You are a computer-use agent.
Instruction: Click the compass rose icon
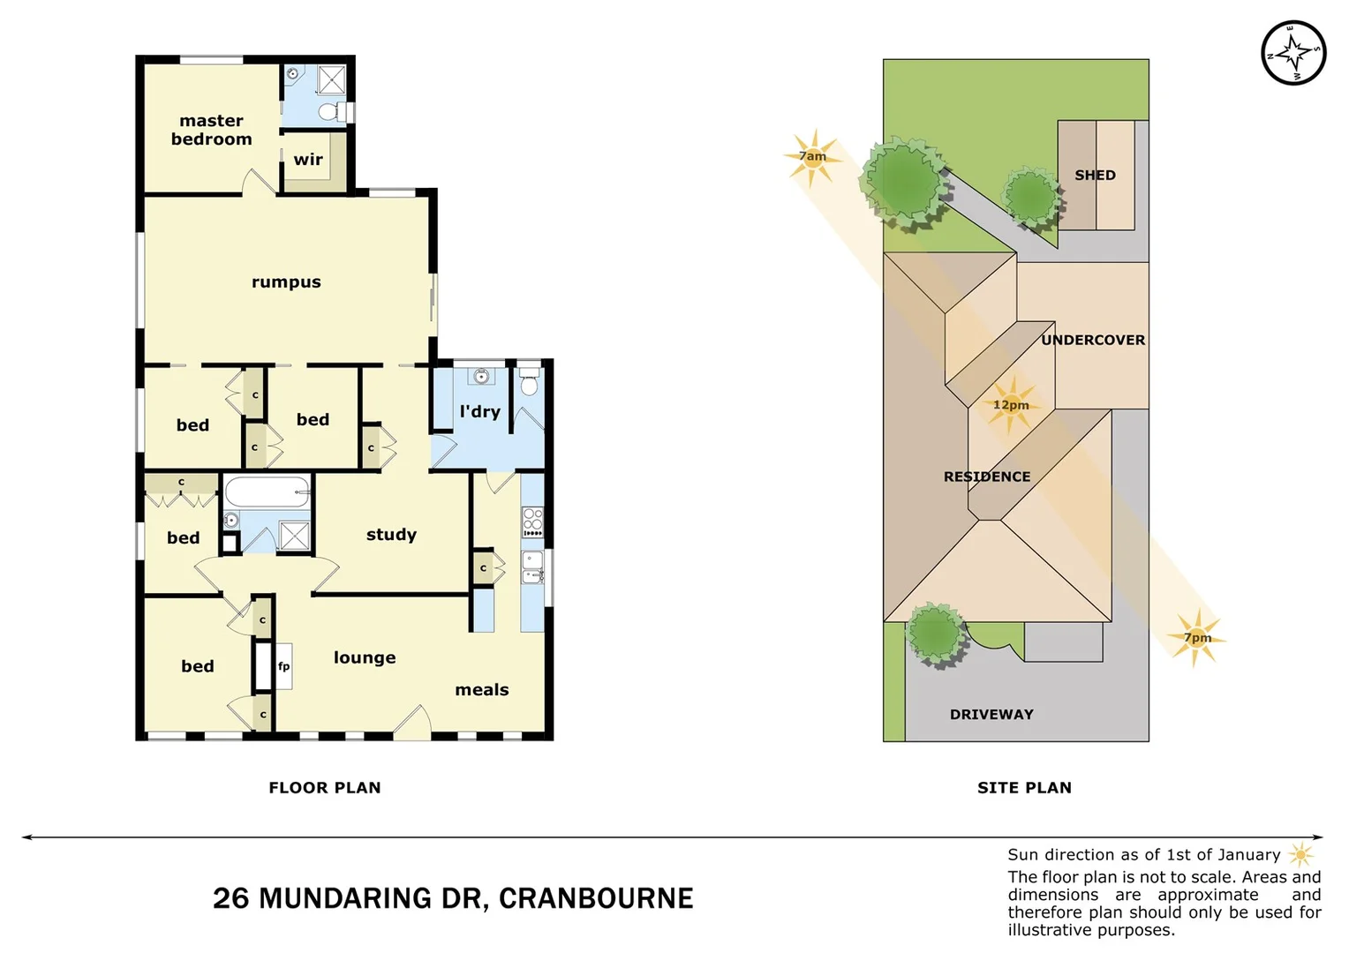point(1293,53)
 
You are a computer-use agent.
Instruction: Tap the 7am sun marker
point(812,157)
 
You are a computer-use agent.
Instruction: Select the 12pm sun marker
point(1011,405)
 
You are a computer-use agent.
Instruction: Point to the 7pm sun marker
point(1197,637)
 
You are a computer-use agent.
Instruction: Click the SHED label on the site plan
point(1095,175)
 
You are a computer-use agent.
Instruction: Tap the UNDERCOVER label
point(1092,340)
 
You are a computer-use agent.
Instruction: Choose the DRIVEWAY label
point(991,714)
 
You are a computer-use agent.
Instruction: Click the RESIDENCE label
point(986,476)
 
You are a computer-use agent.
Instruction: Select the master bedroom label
point(211,130)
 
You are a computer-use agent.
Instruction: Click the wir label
point(308,160)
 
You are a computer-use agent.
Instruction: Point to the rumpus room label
point(286,282)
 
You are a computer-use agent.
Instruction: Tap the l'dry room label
point(479,411)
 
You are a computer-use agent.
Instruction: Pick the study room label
point(391,535)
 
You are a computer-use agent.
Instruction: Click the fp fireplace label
point(283,666)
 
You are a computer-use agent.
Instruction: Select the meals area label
point(481,690)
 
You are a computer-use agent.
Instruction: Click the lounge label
point(365,657)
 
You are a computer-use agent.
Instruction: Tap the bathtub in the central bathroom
point(267,492)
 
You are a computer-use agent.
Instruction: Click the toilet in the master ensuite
point(328,112)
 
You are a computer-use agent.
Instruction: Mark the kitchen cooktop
point(532,522)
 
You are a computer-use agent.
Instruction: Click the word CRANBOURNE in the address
point(596,898)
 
